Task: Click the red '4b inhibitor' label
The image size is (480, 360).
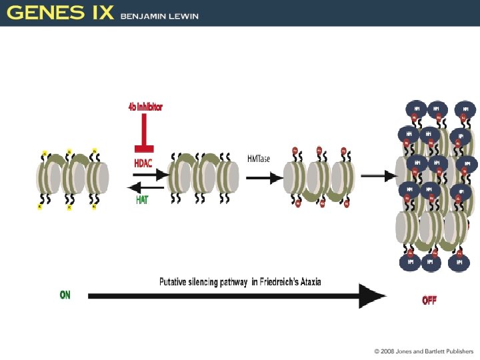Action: (x=145, y=107)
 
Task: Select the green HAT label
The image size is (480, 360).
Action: (x=142, y=199)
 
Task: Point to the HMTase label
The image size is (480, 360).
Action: (x=259, y=157)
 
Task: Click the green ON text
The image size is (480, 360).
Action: (x=65, y=295)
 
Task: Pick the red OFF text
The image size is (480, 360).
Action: (x=429, y=301)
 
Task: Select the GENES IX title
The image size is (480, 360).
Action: (x=60, y=13)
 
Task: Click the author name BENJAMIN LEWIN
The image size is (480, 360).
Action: (x=159, y=16)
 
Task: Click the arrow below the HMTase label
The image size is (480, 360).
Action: (x=262, y=177)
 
